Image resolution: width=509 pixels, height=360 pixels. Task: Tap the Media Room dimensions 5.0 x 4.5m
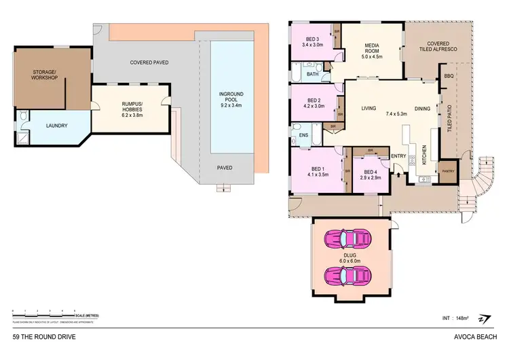367,58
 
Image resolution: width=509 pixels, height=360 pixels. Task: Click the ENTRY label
398,156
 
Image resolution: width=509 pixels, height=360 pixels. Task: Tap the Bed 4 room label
370,172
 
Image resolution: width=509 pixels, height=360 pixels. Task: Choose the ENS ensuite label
302,135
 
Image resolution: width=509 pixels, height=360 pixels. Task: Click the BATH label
312,74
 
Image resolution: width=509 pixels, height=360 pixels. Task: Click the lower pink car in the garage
349,278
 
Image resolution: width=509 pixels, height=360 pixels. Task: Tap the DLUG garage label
349,255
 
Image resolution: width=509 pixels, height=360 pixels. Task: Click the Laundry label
56,126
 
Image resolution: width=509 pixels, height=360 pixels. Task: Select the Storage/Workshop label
45,75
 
